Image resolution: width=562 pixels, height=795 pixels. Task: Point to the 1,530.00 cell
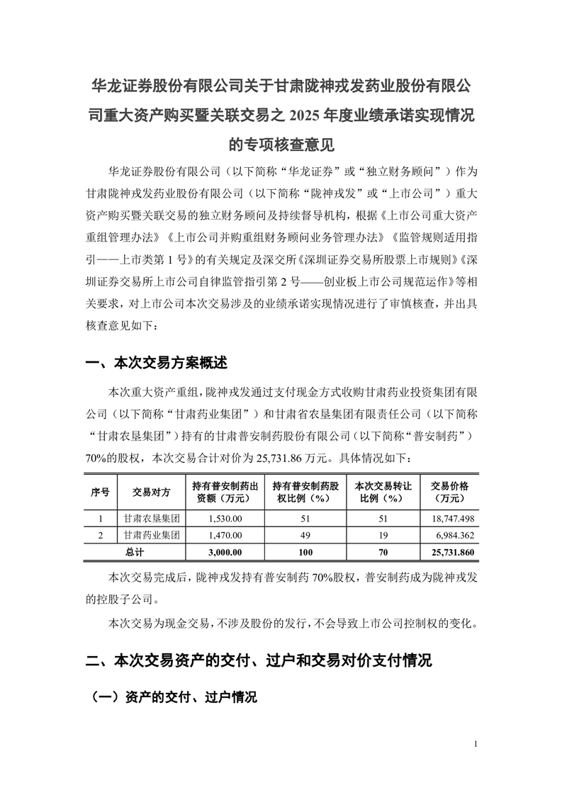226,519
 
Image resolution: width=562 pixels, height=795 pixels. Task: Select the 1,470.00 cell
226,535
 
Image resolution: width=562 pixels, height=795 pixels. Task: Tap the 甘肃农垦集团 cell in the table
151,519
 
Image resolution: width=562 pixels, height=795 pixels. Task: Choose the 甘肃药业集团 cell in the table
151,535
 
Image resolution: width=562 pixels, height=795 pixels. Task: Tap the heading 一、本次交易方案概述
157,363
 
